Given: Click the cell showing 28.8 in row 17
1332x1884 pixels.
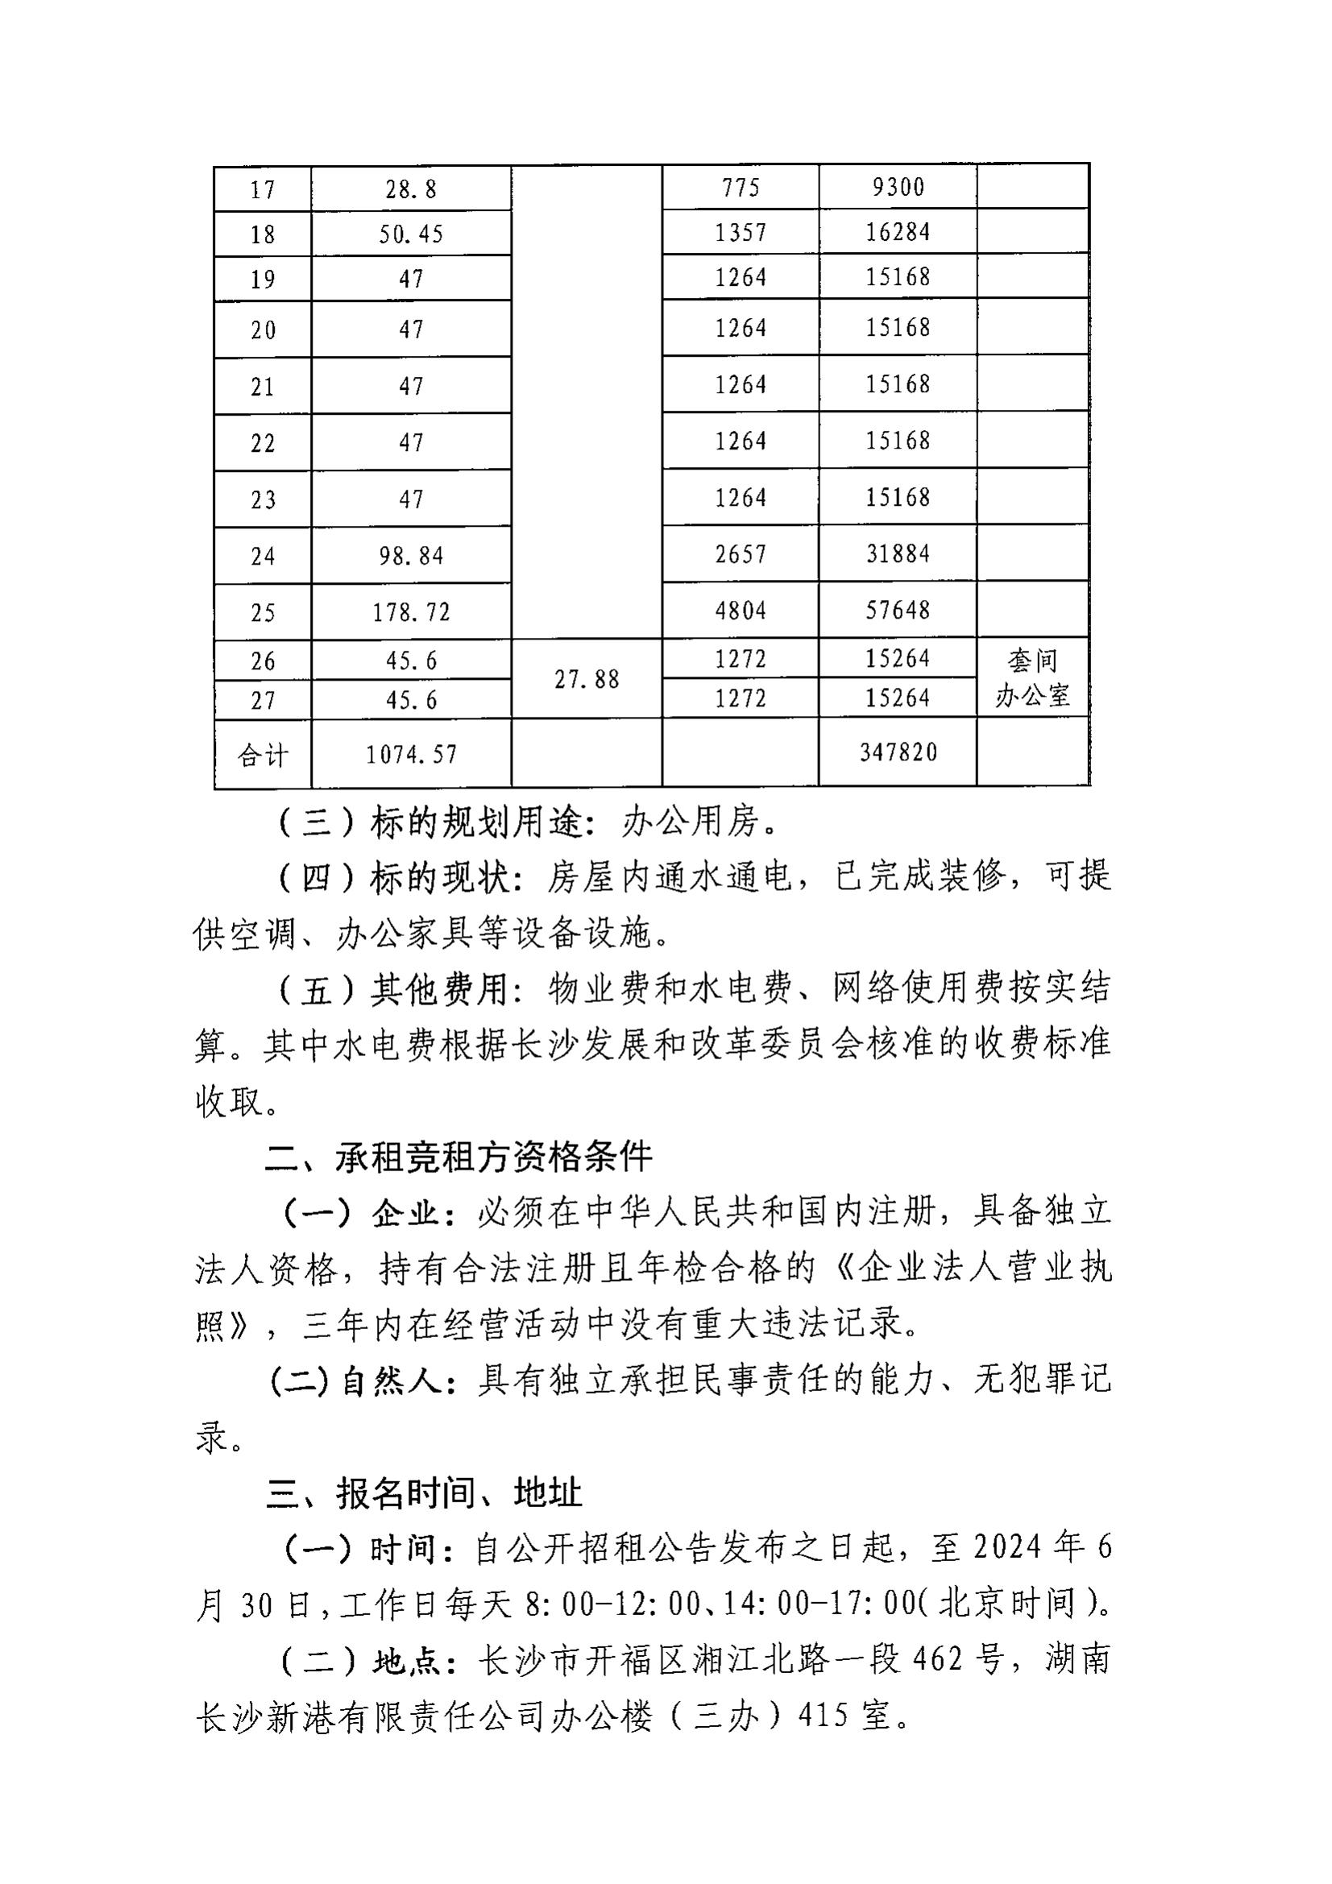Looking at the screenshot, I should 411,190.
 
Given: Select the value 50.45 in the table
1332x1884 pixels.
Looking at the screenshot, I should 411,235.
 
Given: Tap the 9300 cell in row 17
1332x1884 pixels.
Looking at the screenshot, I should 898,188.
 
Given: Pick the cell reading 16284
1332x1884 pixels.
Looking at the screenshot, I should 898,232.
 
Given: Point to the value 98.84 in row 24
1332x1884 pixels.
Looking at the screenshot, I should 411,557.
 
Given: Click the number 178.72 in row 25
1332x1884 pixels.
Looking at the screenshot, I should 411,613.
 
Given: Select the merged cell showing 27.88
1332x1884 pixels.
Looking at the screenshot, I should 587,680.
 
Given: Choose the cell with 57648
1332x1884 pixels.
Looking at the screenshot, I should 898,611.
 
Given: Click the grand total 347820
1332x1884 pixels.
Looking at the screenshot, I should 898,752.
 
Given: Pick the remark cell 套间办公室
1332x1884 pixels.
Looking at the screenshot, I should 1032,678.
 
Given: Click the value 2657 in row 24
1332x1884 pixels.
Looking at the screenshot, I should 741,554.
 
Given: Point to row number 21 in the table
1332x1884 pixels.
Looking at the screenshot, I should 263,387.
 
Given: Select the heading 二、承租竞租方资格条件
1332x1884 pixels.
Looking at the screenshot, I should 458,1157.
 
